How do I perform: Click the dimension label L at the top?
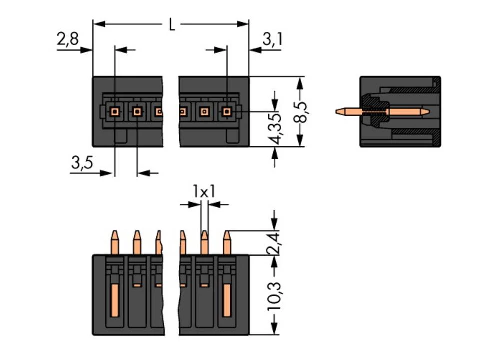tap(171, 25)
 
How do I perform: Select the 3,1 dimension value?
tap(272, 40)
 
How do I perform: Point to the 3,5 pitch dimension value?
tap(82, 162)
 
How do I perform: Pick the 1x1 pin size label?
tap(204, 191)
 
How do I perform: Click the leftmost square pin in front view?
tap(115, 112)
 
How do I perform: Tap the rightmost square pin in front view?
tap(227, 112)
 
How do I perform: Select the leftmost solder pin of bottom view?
tap(114, 242)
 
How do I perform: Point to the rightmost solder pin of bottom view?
tap(226, 242)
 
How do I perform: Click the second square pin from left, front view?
tap(137, 112)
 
